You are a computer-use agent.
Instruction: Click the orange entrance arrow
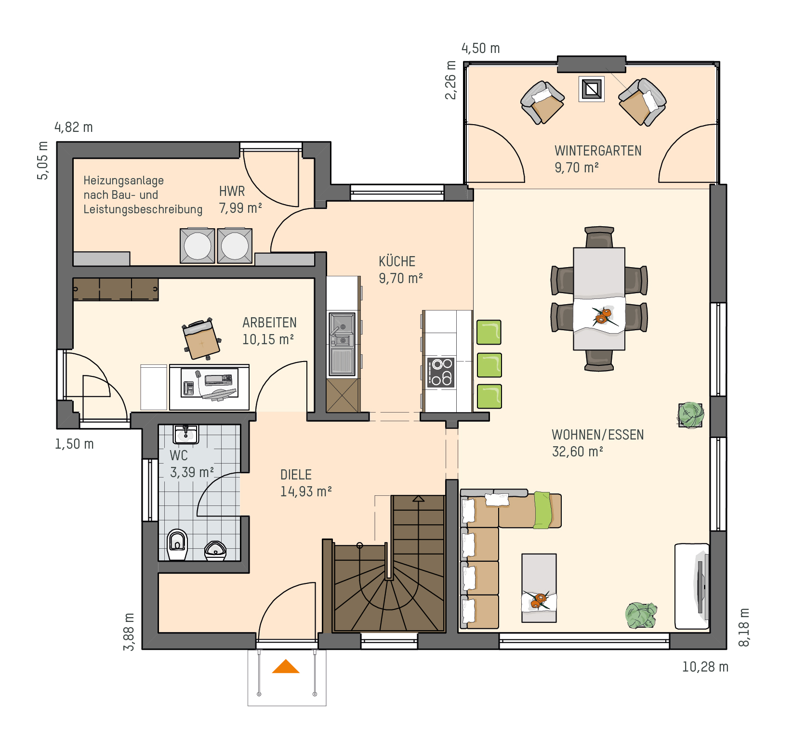pyautogui.click(x=286, y=667)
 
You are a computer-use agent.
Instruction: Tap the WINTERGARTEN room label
pyautogui.click(x=598, y=151)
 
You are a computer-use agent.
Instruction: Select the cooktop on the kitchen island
pyautogui.click(x=441, y=372)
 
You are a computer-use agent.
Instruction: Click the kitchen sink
pyautogui.click(x=342, y=344)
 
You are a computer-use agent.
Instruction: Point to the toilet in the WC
pyautogui.click(x=177, y=545)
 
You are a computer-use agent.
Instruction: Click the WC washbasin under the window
pyautogui.click(x=185, y=434)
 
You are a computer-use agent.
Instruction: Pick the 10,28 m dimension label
pyautogui.click(x=705, y=667)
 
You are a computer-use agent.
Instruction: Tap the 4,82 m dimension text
pyautogui.click(x=74, y=127)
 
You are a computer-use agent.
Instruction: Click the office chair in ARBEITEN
pyautogui.click(x=202, y=339)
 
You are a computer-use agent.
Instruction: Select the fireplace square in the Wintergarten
pyautogui.click(x=592, y=89)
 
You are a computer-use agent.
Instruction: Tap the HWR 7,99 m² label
pyautogui.click(x=240, y=200)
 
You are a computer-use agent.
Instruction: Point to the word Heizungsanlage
pyautogui.click(x=124, y=181)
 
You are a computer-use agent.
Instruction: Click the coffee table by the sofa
pyautogui.click(x=539, y=588)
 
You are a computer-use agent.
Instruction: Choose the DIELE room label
pyautogui.click(x=296, y=475)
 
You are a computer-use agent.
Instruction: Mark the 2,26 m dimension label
pyautogui.click(x=450, y=80)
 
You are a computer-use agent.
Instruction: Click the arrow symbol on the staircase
pyautogui.click(x=418, y=499)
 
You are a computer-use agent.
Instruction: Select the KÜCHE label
pyautogui.click(x=397, y=261)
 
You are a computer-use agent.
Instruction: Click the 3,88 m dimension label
pyautogui.click(x=129, y=632)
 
